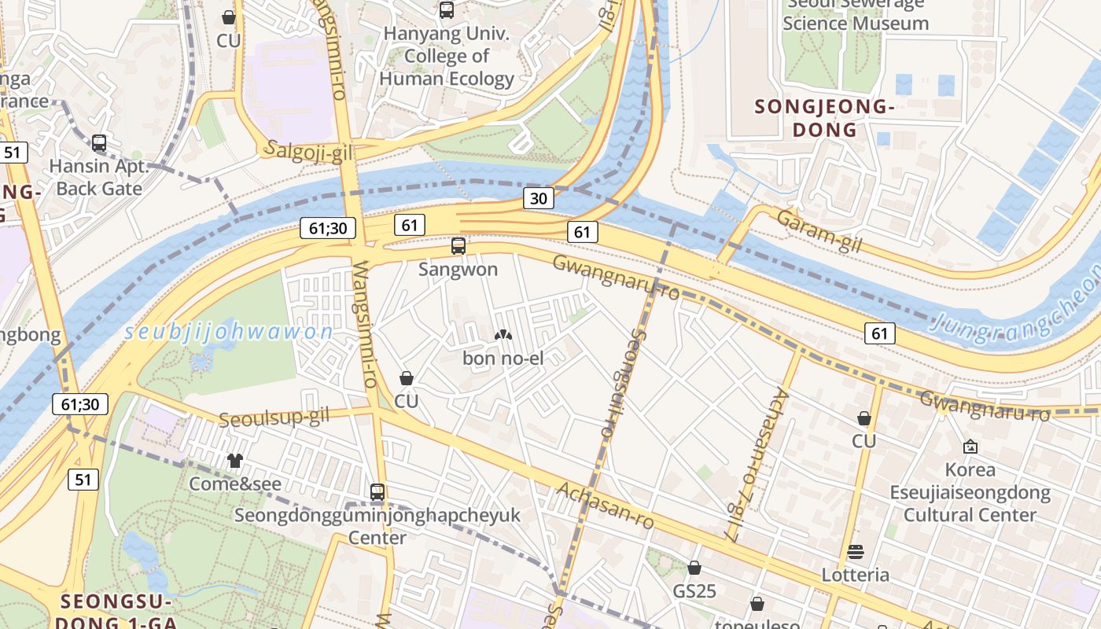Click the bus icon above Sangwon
tap(458, 246)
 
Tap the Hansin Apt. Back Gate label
tap(99, 178)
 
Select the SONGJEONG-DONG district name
tap(824, 118)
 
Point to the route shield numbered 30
tap(539, 198)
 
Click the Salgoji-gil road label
tap(309, 151)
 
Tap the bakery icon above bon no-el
tap(503, 335)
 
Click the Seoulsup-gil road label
tap(274, 417)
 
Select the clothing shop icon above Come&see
tap(234, 461)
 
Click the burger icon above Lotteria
tap(856, 552)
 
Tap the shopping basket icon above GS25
tap(694, 568)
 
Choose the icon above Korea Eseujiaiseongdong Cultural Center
tap(970, 447)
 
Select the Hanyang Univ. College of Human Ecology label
tap(447, 57)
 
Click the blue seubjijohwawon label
tap(230, 332)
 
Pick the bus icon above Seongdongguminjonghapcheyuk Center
tap(377, 492)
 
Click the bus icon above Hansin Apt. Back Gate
tap(99, 143)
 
